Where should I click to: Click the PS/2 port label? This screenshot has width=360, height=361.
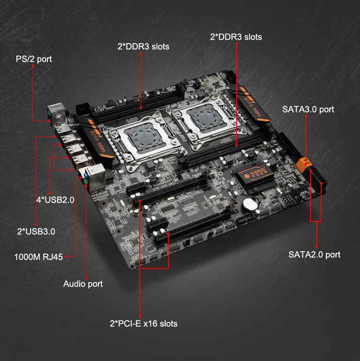33,59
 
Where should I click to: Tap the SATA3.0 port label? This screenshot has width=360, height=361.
308,110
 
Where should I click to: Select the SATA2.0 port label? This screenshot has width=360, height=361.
314,255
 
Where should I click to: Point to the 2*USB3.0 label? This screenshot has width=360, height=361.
36,232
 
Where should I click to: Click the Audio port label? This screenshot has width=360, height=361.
83,284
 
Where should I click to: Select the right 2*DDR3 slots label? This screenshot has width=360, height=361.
236,36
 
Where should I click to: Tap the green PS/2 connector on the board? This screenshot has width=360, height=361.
50,115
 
